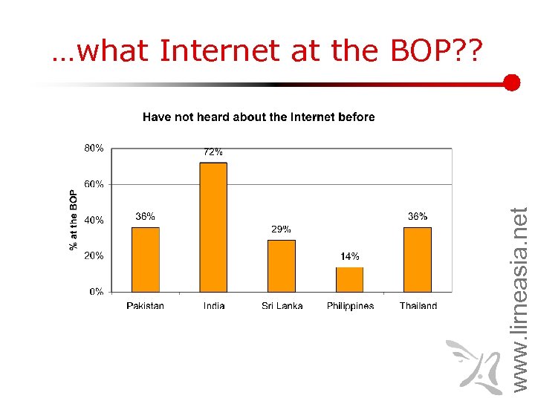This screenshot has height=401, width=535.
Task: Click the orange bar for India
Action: coord(213,226)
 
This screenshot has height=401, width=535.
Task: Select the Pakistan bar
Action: coord(145,259)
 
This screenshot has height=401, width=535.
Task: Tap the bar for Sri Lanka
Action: coord(282,265)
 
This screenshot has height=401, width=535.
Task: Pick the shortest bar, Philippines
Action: coord(350,279)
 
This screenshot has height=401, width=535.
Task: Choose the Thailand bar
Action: coord(418,259)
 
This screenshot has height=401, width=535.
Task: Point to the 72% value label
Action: coord(213,151)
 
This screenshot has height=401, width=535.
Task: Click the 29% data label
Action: coord(281,229)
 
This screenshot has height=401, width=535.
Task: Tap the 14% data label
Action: coord(350,256)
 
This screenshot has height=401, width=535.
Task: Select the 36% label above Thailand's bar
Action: coord(418,216)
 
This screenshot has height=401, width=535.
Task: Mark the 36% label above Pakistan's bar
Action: coord(145,216)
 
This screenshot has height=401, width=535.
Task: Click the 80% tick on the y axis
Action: coord(94,148)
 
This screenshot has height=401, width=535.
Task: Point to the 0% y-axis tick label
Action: coord(97,292)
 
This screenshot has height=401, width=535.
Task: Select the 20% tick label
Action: coord(94,255)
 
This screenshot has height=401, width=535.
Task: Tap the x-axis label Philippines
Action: coord(350,306)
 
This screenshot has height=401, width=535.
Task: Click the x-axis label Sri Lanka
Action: coord(282,306)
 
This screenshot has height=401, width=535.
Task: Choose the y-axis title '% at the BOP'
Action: coord(74,220)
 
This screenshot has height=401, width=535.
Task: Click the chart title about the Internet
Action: coord(259,117)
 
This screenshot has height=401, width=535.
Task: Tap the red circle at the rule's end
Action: coord(511,82)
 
